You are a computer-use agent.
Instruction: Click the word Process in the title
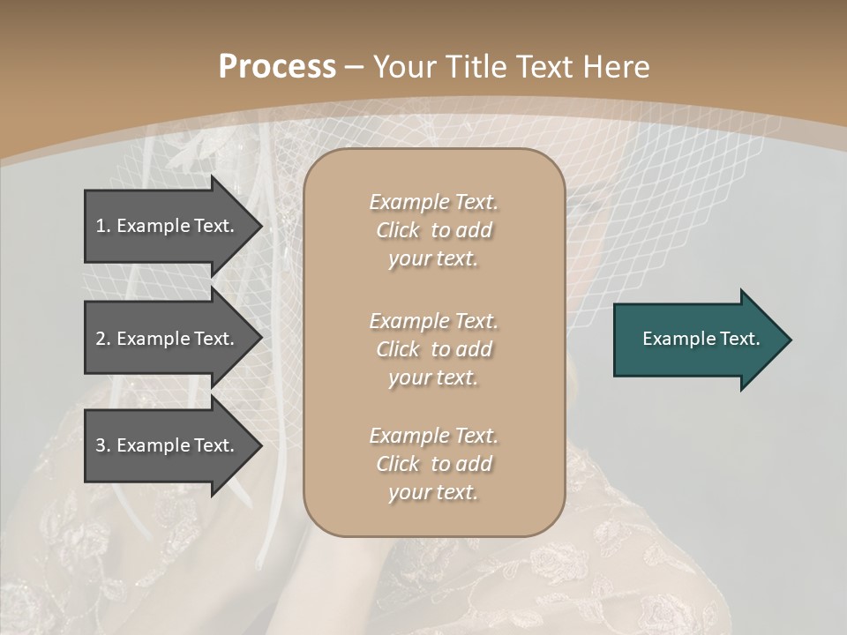[277, 67]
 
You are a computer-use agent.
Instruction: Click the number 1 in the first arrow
[101, 226]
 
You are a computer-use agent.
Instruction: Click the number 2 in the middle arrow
[101, 339]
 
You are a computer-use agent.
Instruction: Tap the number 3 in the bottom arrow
[101, 445]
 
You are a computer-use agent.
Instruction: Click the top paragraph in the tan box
[433, 230]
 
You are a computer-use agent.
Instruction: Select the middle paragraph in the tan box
[433, 348]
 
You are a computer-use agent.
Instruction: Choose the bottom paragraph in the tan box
[433, 464]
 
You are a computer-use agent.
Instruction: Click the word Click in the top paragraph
[397, 230]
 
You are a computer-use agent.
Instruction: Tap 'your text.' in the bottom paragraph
[433, 492]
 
